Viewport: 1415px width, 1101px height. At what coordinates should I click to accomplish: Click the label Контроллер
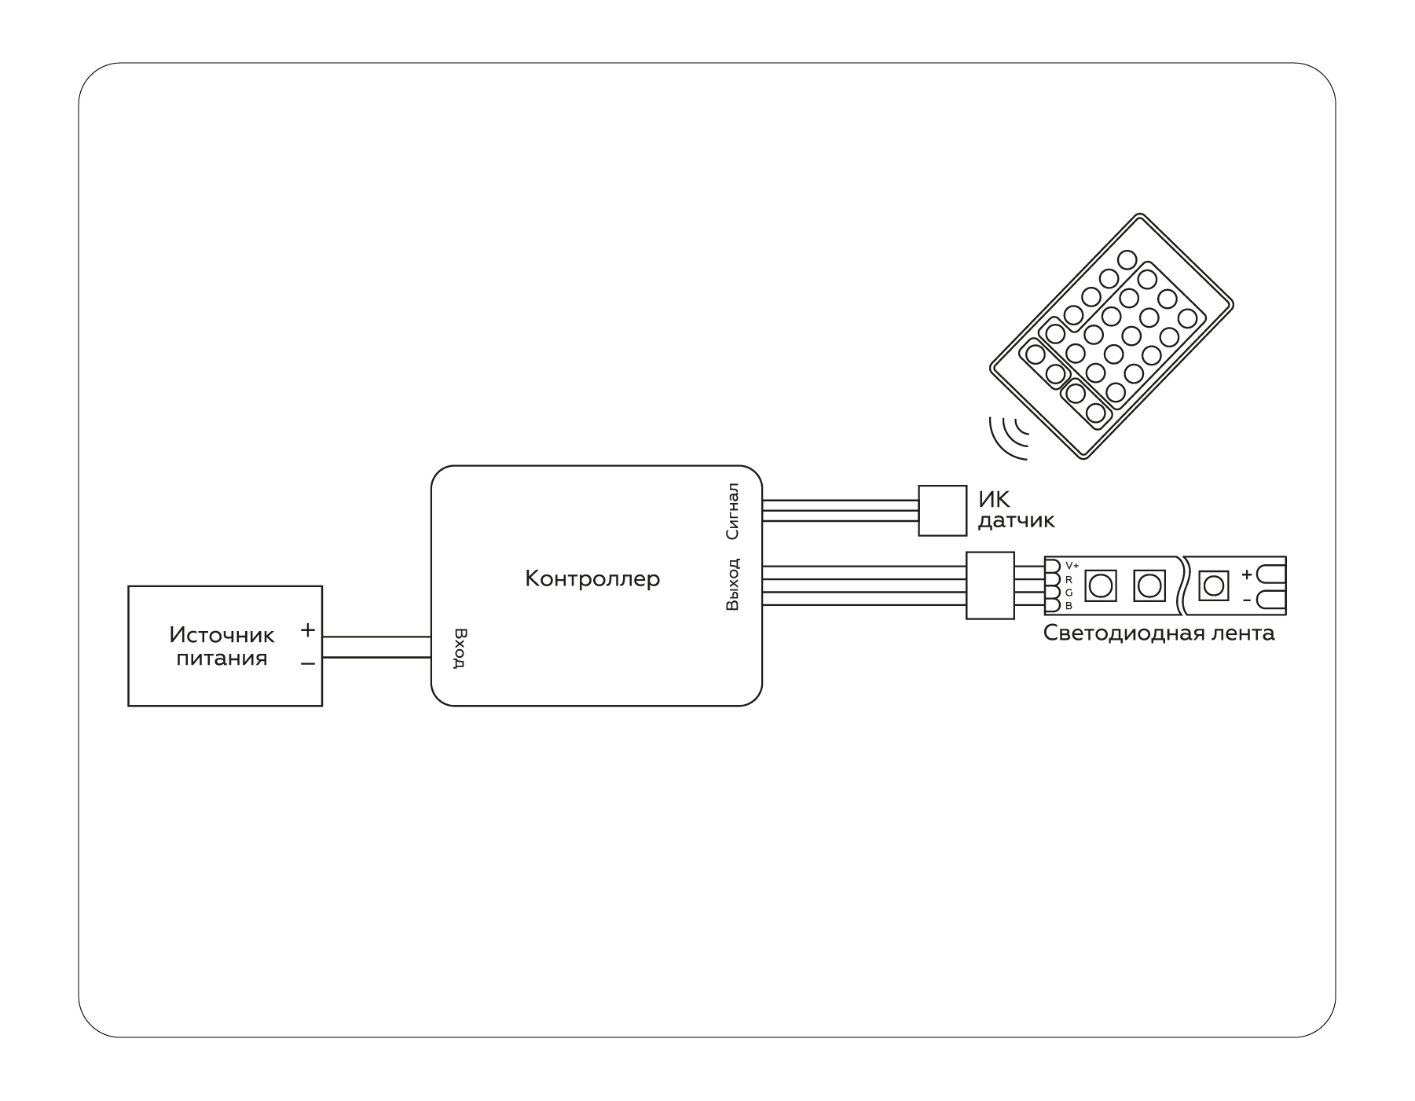(x=592, y=579)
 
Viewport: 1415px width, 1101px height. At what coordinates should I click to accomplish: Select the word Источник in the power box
(x=222, y=634)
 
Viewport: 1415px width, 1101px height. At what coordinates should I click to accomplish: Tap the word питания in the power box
(x=222, y=659)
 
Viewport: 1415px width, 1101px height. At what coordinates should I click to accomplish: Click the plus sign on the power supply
(x=308, y=629)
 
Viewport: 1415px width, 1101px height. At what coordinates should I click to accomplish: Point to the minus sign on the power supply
(x=308, y=664)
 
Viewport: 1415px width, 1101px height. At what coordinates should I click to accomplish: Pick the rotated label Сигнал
(x=732, y=512)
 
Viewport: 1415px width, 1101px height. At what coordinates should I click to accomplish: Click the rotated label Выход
(x=732, y=584)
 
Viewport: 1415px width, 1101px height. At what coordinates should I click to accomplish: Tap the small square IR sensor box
(x=942, y=510)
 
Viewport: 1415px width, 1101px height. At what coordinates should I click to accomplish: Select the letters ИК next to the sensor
(x=994, y=499)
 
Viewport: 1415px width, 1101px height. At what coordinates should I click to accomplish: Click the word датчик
(x=1016, y=520)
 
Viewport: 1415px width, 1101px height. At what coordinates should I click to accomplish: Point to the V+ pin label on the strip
(x=1072, y=566)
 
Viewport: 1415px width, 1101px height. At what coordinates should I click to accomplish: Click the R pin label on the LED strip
(x=1069, y=579)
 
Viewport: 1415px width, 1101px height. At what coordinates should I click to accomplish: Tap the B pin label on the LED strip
(x=1069, y=605)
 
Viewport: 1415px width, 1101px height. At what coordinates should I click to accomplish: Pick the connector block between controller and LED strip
(x=990, y=585)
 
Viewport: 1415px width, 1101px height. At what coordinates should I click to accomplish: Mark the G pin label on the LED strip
(x=1069, y=592)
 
